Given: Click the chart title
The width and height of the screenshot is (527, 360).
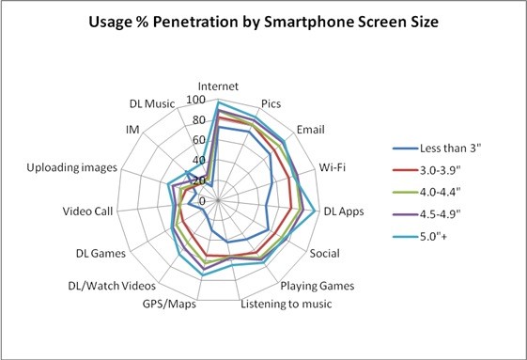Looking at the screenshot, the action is [x=263, y=23].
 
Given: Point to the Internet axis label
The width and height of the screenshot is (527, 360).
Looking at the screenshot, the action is [x=218, y=86].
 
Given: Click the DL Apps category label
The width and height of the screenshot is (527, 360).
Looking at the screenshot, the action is [x=344, y=211].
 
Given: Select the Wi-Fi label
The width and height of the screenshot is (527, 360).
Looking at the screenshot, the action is [x=333, y=167].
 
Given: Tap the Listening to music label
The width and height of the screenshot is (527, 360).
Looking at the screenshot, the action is [x=287, y=304].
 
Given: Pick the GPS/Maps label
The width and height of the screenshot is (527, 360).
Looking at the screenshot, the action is [x=169, y=304].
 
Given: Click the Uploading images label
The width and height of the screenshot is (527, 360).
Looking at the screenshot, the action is [x=72, y=167].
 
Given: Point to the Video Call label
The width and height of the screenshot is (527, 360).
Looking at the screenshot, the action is [x=87, y=211].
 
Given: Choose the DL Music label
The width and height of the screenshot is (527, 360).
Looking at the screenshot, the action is [x=152, y=103].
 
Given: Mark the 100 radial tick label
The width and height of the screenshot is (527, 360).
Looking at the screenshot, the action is [x=196, y=100].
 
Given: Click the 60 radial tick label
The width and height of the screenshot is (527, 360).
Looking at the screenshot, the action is [x=199, y=140].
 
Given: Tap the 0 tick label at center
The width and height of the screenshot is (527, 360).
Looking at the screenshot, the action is [x=202, y=201].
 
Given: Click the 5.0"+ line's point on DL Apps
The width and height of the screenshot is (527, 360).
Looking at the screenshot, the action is [x=315, y=211].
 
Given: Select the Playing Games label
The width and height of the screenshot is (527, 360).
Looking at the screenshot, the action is [x=318, y=286].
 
